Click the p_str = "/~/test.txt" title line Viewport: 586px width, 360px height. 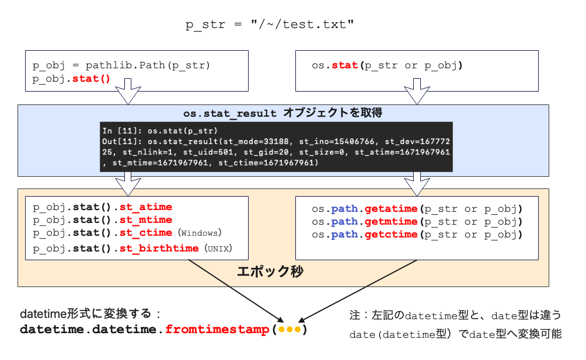pyautogui.click(x=269, y=25)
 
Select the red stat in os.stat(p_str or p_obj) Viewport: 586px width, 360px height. pyautogui.click(x=344, y=65)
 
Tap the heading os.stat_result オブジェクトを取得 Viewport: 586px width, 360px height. pyautogui.click(x=282, y=113)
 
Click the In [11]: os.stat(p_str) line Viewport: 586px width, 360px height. pyautogui.click(x=159, y=130)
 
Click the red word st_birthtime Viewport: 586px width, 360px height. pyautogui.click(x=159, y=248)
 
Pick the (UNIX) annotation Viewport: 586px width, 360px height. pyautogui.click(x=218, y=249)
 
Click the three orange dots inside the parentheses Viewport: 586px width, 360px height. pyautogui.click(x=289, y=330)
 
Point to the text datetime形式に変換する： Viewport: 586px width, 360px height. pyautogui.click(x=90, y=313)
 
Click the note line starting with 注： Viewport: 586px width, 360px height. pyautogui.click(x=455, y=316)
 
